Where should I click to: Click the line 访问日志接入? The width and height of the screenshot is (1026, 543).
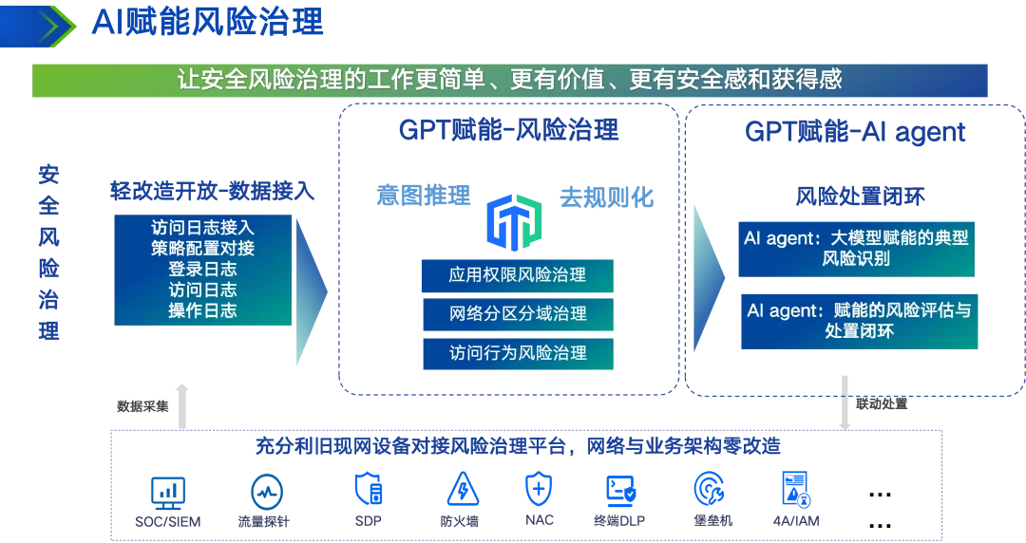pos(202,228)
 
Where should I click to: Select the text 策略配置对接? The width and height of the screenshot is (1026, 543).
pos(202,249)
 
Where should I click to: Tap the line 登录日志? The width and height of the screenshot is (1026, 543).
pos(202,270)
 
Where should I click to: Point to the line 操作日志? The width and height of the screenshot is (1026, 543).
pos(202,310)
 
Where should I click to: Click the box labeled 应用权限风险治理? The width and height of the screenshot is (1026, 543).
pos(517,275)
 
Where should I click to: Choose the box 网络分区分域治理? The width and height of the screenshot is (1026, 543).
pos(517,314)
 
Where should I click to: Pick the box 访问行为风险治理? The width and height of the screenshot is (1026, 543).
pos(517,353)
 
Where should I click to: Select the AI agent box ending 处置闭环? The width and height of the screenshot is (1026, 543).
pos(854,321)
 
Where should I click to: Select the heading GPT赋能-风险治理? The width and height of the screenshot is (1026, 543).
pos(508,130)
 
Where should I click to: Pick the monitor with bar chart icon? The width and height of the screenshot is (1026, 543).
pos(168,491)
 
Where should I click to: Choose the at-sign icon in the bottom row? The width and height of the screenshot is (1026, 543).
pos(707,490)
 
